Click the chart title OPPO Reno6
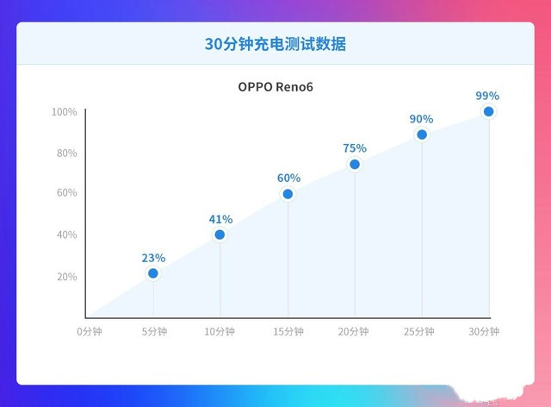coord(275,87)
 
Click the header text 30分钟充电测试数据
coord(275,44)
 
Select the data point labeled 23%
coord(153,273)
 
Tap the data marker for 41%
coord(220,235)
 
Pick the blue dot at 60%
coord(288,194)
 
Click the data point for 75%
coord(355,164)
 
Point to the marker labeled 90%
coord(422,135)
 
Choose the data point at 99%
coord(488,111)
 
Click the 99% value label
coord(487,96)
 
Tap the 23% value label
coord(153,258)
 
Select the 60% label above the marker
coord(288,178)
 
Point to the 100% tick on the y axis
coord(64,112)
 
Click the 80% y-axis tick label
coord(65,153)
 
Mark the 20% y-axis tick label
coord(65,277)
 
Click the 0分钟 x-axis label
coord(89,332)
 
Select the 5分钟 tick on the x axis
coord(154,332)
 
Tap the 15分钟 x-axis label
coord(288,332)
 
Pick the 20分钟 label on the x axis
coord(354,332)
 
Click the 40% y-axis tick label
coord(65,235)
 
